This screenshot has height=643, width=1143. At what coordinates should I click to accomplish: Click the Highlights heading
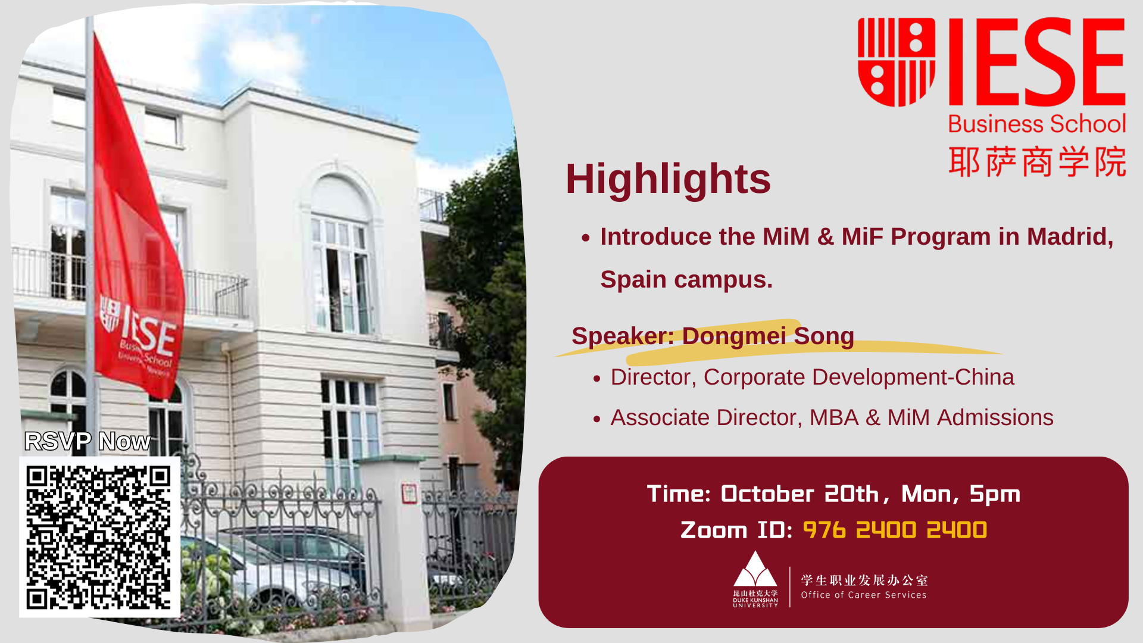[668, 179]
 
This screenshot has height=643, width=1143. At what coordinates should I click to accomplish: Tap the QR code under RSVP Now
[99, 537]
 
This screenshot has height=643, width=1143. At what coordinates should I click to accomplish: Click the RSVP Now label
[88, 441]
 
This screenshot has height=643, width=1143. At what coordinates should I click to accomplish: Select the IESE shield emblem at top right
[896, 62]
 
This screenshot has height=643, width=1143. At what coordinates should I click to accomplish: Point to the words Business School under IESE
[1036, 124]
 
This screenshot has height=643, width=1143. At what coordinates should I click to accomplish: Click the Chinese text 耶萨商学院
[1037, 161]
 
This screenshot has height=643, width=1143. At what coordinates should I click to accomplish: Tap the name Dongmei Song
[768, 336]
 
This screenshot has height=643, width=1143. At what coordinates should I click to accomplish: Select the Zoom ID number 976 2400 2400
[895, 530]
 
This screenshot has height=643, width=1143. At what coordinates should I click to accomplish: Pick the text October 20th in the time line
[800, 494]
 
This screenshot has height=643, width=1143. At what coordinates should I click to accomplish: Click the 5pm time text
[995, 494]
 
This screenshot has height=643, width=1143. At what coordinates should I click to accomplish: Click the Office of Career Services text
[864, 595]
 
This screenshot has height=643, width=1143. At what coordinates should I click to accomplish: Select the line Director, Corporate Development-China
[812, 377]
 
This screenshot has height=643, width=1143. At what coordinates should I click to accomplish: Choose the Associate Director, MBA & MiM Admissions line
[832, 417]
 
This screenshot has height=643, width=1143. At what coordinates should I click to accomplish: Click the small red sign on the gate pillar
[409, 493]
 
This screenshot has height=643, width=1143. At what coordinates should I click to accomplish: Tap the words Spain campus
[686, 280]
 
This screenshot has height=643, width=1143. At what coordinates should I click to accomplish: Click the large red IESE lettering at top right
[1036, 62]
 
